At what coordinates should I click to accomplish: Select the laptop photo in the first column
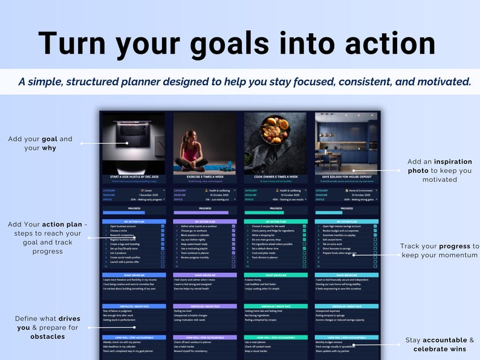point(133,143)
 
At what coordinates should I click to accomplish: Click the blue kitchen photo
point(346,143)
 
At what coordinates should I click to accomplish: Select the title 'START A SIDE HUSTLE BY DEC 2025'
point(133,176)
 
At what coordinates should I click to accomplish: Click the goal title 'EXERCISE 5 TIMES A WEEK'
point(204,176)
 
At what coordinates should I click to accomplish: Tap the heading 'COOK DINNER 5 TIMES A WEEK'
point(275,176)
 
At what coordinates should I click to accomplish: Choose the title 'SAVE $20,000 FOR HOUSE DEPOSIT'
point(346,176)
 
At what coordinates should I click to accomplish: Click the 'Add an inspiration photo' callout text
point(439,170)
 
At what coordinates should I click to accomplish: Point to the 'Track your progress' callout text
point(439,251)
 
